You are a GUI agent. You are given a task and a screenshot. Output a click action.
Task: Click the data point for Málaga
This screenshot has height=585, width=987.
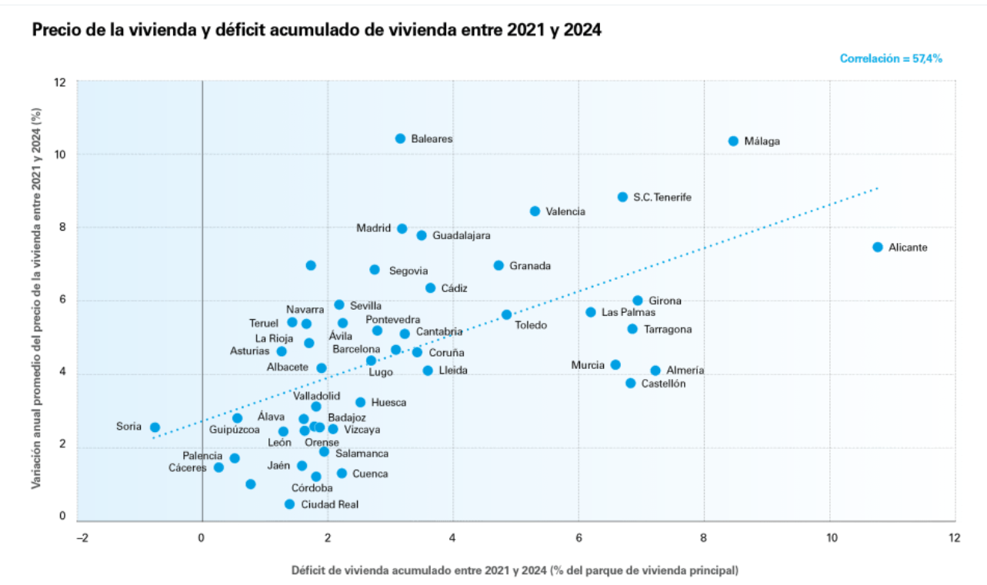[x=733, y=141]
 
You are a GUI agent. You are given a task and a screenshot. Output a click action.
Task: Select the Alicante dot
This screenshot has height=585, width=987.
[x=878, y=247]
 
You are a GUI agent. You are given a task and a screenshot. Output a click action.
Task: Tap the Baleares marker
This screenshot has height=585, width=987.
[x=400, y=138]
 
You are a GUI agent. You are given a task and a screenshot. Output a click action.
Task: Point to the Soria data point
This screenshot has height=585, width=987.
[x=155, y=427]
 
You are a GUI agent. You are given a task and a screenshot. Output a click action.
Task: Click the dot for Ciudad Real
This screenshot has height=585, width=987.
[x=289, y=504]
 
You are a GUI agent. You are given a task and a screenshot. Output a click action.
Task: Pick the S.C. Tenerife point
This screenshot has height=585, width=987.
[x=622, y=197]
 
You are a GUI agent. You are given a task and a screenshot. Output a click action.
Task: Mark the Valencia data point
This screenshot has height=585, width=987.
[x=535, y=211]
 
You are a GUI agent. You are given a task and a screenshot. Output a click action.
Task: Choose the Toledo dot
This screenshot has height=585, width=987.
[x=506, y=314]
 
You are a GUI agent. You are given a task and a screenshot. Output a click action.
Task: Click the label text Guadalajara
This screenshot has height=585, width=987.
[x=461, y=236]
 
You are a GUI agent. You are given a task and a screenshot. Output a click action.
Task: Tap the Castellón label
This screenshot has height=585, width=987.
[x=663, y=384]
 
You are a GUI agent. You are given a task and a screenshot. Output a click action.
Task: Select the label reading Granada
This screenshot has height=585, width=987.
[x=530, y=266]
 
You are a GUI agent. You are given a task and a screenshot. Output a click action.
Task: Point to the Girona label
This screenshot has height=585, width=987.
[x=665, y=301]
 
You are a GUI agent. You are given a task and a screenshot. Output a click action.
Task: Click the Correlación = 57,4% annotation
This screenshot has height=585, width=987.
[x=891, y=58]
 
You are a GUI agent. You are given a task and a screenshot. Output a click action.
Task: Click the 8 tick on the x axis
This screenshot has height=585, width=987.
[x=704, y=538]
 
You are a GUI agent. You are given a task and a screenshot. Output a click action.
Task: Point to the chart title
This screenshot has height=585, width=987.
[x=316, y=30]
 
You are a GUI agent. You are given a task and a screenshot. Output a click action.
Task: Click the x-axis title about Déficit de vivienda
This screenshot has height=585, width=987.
[x=515, y=570]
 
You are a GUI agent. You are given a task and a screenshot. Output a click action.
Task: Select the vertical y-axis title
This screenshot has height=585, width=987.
[x=36, y=299]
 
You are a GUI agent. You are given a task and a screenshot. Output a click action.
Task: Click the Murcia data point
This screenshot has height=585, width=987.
[x=615, y=365]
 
